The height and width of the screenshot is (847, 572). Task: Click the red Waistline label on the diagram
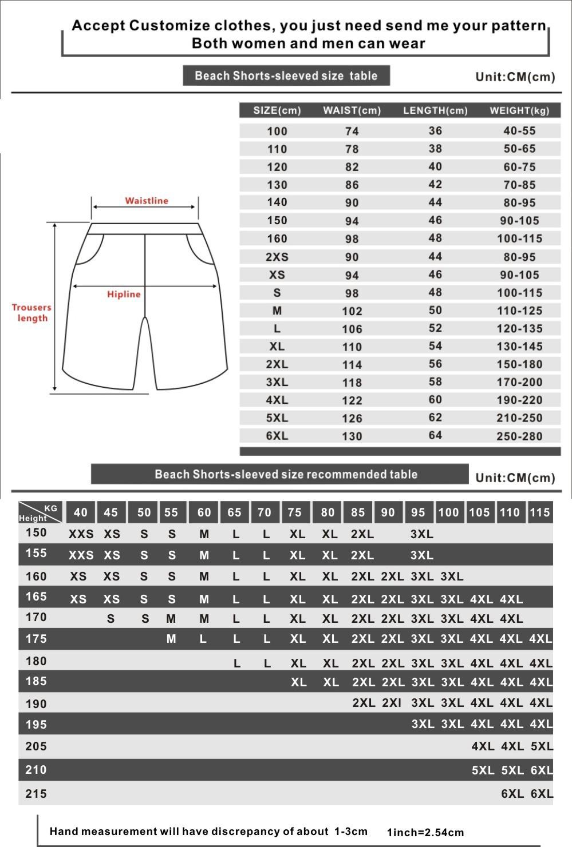point(147,201)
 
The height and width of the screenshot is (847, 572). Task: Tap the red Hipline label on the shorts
point(124,295)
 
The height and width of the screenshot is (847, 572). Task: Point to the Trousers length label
point(31,313)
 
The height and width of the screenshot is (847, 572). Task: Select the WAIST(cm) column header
point(352,110)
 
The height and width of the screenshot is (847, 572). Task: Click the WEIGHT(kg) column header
point(519,110)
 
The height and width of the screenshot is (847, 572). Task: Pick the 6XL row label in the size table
point(277,436)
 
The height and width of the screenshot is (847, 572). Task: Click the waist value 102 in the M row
point(352,311)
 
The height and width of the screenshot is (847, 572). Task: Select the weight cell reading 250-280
point(519,436)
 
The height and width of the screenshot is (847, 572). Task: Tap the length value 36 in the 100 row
point(435,131)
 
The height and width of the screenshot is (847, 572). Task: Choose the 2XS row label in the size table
point(277,257)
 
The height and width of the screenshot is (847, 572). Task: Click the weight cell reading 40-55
point(519,131)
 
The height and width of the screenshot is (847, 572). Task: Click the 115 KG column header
point(539,512)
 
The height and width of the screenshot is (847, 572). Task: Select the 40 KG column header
point(81,512)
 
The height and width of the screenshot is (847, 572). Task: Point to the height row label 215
point(36,794)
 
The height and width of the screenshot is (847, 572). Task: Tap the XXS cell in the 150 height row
point(81,534)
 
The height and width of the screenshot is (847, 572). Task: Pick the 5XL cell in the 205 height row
point(542,746)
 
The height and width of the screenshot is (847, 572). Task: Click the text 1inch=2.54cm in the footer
point(425,833)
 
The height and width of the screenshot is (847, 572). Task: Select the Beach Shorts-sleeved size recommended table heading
point(286,474)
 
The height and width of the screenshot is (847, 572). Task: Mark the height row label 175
point(36,639)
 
